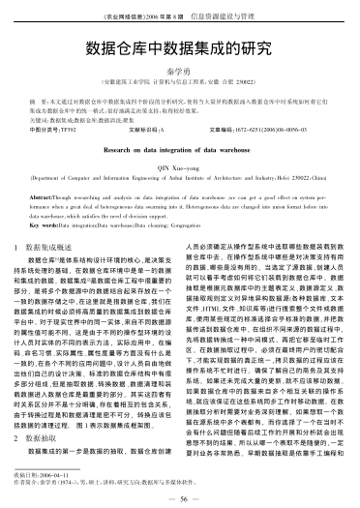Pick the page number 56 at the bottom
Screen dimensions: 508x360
click(181, 496)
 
